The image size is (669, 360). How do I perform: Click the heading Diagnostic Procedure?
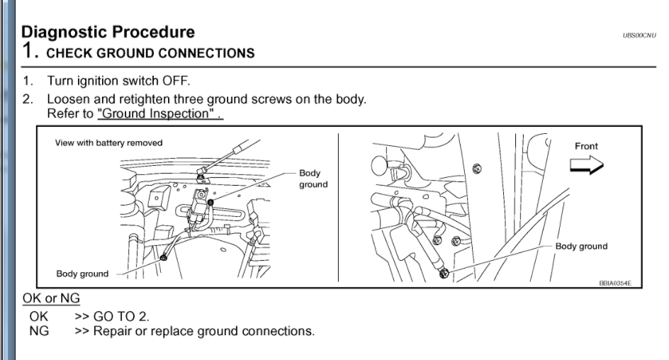[x=108, y=32]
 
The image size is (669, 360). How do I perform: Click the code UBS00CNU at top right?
[x=639, y=35]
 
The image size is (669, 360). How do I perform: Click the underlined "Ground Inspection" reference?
[x=159, y=113]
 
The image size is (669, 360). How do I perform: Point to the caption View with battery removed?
[x=108, y=143]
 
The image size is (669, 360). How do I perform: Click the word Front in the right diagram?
[x=585, y=147]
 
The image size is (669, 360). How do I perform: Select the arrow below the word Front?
[x=586, y=165]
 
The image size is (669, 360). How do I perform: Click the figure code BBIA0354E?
[x=615, y=283]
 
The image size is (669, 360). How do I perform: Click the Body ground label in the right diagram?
[x=581, y=247]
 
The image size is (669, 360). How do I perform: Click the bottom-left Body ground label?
[x=82, y=274]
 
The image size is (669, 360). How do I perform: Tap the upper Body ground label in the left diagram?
[x=313, y=179]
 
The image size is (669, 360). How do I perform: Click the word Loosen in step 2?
[x=69, y=99]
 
